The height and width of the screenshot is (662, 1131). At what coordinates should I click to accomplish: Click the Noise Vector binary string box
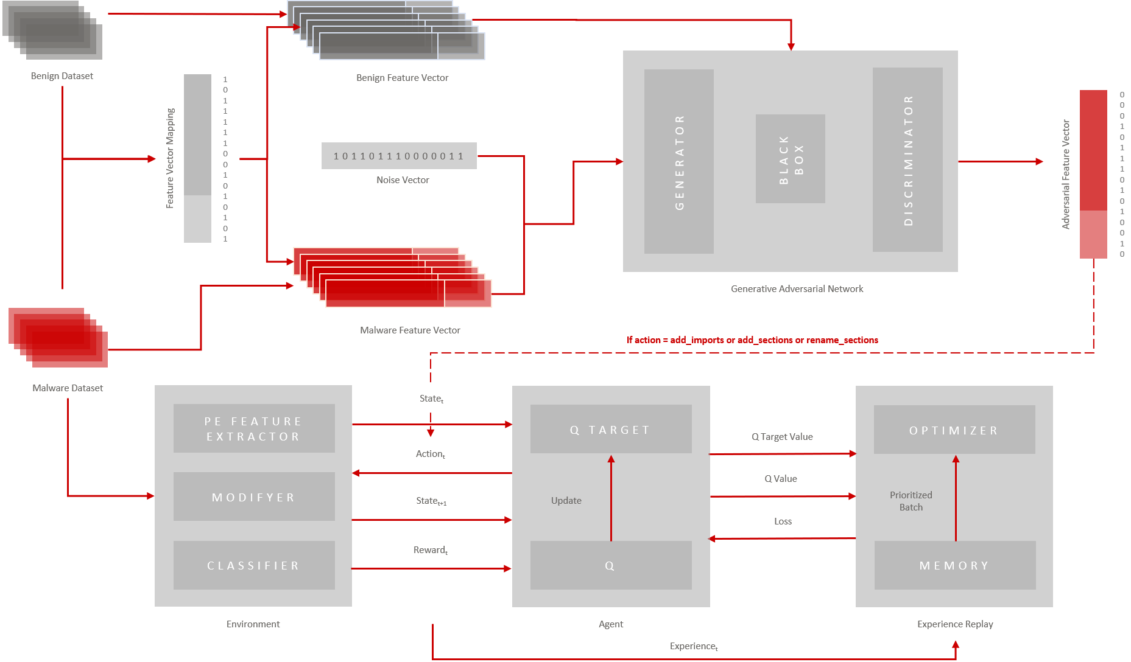click(x=399, y=156)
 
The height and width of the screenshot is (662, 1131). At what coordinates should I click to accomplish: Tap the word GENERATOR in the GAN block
click(x=680, y=162)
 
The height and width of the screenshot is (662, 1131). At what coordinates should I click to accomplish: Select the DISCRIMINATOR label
click(x=908, y=161)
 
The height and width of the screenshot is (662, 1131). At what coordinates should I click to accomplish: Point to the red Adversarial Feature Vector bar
click(x=1093, y=174)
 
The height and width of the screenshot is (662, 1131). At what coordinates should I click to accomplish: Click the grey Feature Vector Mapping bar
click(x=197, y=158)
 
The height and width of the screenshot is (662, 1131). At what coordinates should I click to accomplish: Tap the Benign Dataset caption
click(x=62, y=76)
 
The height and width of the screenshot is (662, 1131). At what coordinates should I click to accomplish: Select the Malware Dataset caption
click(x=68, y=388)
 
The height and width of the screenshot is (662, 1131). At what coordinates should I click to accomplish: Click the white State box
click(x=431, y=399)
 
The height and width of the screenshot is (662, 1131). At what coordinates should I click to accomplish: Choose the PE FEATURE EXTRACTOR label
click(x=253, y=429)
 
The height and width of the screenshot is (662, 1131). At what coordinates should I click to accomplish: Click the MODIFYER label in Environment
click(x=253, y=498)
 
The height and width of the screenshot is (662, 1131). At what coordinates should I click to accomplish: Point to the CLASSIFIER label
click(x=253, y=566)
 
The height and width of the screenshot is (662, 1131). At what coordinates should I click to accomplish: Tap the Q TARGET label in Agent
click(x=610, y=430)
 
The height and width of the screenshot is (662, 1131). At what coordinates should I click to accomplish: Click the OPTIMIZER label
click(x=954, y=431)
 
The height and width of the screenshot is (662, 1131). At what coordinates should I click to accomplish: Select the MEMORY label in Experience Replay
click(x=954, y=566)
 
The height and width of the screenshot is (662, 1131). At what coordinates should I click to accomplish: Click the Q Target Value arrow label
click(x=782, y=437)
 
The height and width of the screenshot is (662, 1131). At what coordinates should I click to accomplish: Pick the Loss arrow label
click(x=783, y=521)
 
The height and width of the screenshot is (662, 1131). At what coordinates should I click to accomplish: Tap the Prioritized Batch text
click(x=911, y=501)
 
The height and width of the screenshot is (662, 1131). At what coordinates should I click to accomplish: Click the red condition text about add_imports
click(x=752, y=340)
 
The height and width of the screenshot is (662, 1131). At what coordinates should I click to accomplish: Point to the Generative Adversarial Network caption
click(x=797, y=289)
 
